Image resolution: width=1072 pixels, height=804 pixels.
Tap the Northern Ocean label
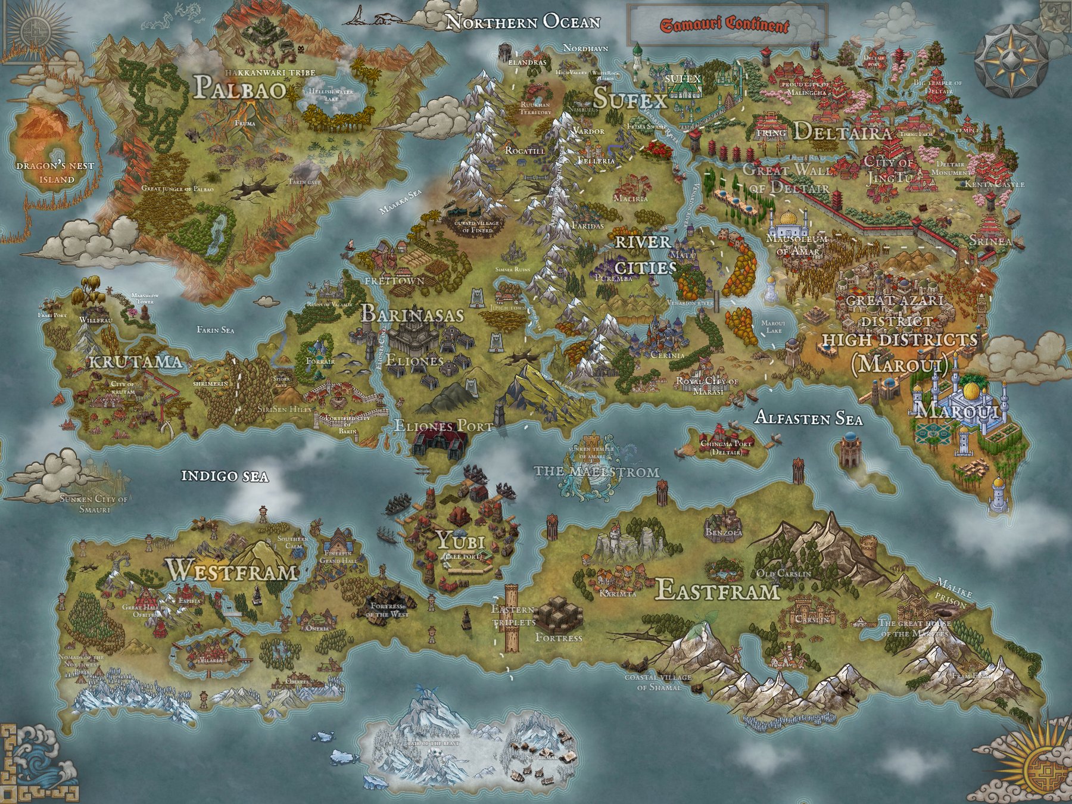pos(523,22)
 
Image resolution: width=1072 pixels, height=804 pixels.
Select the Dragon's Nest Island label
pos(55,172)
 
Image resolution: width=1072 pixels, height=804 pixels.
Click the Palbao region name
pos(239,88)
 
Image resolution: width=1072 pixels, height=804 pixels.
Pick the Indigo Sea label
pos(225,476)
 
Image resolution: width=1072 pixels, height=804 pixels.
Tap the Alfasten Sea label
pos(808,418)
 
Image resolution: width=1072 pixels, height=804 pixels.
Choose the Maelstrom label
pos(596,472)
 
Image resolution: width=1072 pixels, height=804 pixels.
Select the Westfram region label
pos(231,570)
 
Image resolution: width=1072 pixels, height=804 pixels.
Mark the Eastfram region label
pos(717,591)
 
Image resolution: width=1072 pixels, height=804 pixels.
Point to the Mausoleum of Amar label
pos(796,244)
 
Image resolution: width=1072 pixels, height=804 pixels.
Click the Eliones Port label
pos(444,426)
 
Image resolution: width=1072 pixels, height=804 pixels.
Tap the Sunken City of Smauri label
pos(94,504)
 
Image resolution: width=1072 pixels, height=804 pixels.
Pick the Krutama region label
pos(135,362)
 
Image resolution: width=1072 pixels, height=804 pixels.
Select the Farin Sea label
pos(215,330)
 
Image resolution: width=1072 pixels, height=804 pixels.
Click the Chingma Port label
pos(726,447)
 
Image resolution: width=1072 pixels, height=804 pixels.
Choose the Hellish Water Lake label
pos(331,95)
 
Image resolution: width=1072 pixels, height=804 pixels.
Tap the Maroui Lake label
pos(774,326)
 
